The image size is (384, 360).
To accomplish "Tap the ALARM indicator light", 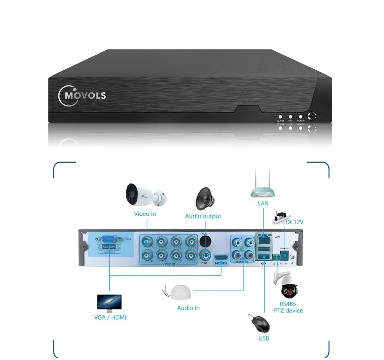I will tap(281, 116).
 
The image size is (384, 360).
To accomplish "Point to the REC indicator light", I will tap(291, 116).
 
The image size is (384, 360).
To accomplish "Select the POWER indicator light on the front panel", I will tap(301, 116).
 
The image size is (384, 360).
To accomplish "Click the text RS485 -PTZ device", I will tap(287, 307).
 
